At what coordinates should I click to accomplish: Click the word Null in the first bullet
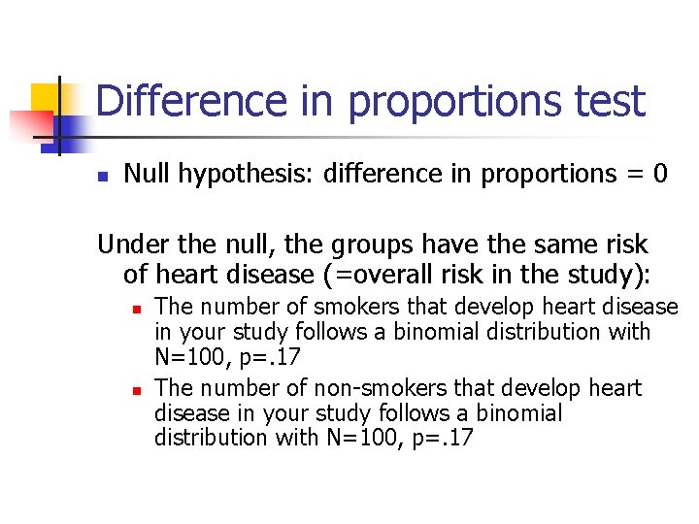145,174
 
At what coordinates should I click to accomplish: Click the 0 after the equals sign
660,174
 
